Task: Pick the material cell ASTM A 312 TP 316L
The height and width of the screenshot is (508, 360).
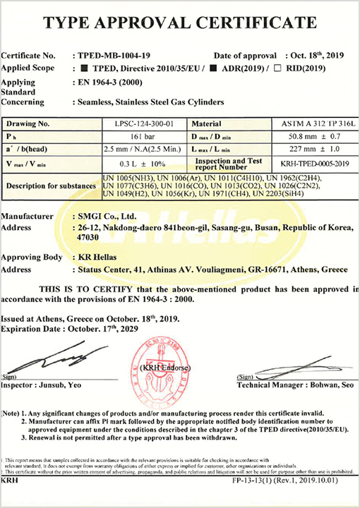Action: [313, 123]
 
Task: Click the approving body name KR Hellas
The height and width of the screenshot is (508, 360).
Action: [97, 258]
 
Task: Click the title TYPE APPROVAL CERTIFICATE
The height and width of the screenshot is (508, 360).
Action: [179, 23]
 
